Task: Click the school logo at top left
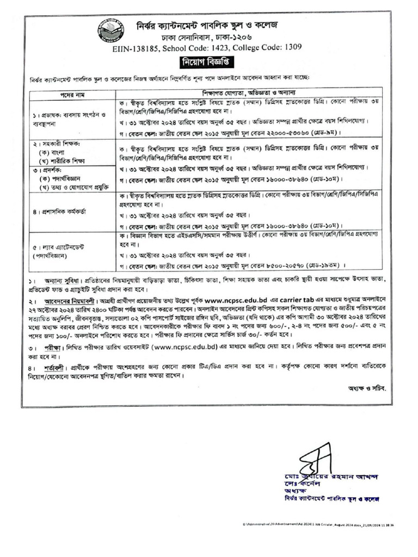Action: tap(110, 32)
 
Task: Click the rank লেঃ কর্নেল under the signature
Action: tap(302, 484)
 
